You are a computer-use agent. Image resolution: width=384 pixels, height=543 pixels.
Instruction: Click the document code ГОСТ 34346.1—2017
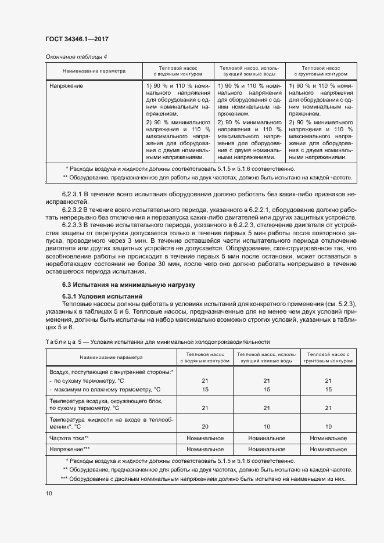[x=77, y=39]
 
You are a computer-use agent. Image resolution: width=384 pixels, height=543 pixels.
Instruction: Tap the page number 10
[x=49, y=493]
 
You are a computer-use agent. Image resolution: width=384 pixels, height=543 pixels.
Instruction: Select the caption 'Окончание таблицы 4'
[x=76, y=56]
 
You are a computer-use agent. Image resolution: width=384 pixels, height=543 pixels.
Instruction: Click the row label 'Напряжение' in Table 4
[x=66, y=86]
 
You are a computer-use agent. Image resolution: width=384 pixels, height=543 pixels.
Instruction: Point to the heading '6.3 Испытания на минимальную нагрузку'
[x=128, y=285]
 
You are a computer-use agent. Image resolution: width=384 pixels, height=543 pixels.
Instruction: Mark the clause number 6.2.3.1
[x=73, y=192]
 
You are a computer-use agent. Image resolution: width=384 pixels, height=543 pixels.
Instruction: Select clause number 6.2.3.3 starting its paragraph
[x=73, y=224]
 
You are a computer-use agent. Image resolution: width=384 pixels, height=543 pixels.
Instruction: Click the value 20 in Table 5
[x=205, y=426]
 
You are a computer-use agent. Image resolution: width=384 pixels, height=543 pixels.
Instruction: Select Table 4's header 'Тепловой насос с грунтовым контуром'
[x=321, y=71]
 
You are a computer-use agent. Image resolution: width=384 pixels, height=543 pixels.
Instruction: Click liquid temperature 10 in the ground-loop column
[x=328, y=426]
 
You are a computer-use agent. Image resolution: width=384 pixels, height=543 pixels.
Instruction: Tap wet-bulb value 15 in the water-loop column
[x=205, y=389]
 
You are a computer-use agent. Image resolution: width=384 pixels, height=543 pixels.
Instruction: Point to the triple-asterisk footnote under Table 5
[x=203, y=479]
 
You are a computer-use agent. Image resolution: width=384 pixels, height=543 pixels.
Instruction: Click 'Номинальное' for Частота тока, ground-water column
[x=267, y=438]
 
